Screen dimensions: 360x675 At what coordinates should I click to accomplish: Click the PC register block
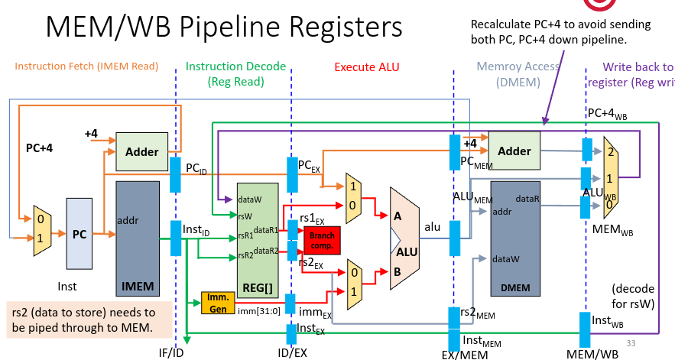tap(79, 235)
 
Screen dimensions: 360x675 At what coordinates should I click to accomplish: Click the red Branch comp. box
tap(322, 240)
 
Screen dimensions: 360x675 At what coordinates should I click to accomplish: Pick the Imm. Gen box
tap(217, 303)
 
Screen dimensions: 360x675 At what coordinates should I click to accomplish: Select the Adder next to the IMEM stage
tap(141, 151)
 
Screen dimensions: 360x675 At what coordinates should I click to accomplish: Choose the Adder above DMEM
tap(514, 151)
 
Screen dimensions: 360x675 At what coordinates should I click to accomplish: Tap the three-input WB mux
tap(610, 174)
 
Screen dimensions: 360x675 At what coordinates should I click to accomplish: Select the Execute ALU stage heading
tap(366, 67)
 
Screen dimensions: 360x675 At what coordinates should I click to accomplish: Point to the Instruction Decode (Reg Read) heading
tap(235, 73)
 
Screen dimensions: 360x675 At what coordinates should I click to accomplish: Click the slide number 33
tap(631, 343)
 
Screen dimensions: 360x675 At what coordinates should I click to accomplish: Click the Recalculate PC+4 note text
tap(560, 31)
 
